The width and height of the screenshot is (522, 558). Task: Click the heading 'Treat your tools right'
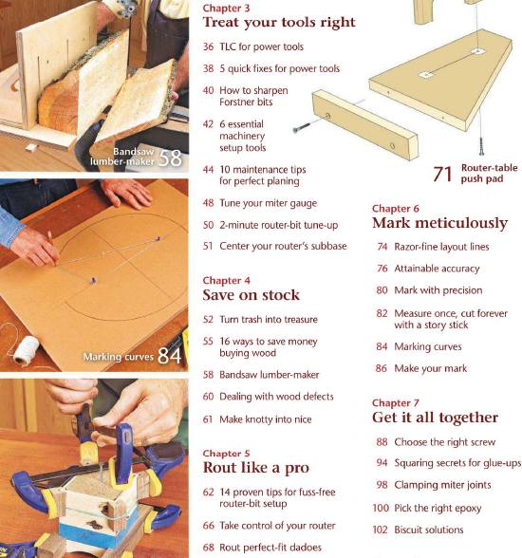click(279, 22)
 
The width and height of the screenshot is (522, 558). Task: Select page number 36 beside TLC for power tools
click(209, 46)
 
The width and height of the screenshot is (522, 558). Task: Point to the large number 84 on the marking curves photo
click(170, 356)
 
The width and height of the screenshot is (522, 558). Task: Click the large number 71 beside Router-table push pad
click(442, 174)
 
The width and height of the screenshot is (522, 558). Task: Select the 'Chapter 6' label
click(396, 209)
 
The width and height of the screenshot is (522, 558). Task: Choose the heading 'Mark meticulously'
click(439, 224)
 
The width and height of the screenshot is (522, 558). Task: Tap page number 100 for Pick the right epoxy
click(381, 509)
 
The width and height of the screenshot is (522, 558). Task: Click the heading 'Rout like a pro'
click(255, 468)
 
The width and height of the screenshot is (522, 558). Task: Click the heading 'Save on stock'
click(251, 295)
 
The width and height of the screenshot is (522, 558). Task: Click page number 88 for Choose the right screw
click(382, 441)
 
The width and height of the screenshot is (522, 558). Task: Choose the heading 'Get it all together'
click(435, 418)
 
